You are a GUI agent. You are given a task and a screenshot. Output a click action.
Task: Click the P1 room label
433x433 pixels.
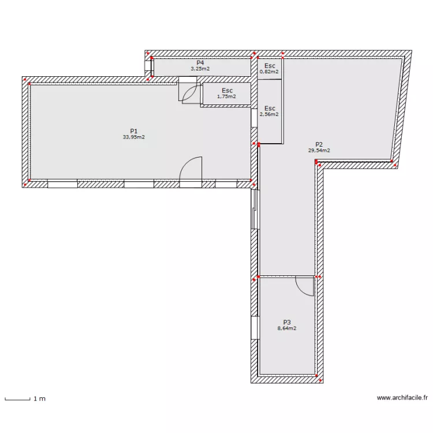tap(133, 131)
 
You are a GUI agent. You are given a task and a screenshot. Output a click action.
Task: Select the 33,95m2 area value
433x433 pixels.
tap(133, 137)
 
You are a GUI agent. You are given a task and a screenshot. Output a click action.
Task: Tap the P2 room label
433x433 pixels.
tap(319, 144)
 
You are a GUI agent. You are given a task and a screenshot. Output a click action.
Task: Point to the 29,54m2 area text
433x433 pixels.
tap(319, 151)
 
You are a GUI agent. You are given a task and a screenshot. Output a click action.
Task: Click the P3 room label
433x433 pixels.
tap(287, 322)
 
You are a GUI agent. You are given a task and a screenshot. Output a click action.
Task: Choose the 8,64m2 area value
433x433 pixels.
tap(287, 329)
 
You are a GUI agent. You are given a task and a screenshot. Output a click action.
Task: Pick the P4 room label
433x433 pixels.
tap(200, 62)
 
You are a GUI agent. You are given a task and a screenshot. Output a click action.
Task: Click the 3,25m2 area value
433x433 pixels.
tap(200, 69)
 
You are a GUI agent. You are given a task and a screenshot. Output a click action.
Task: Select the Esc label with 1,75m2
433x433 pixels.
tap(227, 90)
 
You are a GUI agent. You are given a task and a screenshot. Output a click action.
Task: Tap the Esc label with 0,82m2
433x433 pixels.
tap(269, 66)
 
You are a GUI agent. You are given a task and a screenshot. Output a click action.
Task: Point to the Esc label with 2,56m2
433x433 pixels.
tap(269, 108)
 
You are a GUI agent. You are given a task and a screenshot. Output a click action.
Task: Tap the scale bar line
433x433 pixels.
tap(17, 399)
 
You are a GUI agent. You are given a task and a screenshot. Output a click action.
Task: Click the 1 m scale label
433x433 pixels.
tap(39, 399)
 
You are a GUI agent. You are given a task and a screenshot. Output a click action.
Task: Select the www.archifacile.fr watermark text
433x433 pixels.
tap(402, 398)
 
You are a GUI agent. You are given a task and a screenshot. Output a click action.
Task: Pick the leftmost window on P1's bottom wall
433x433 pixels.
tap(62, 184)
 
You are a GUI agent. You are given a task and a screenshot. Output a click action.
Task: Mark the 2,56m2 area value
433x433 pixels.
tap(269, 114)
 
